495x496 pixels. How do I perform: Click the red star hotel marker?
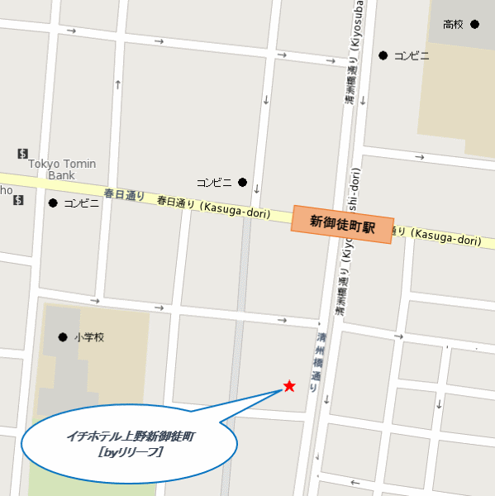tap(289, 386)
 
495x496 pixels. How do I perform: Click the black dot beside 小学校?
tap(62, 336)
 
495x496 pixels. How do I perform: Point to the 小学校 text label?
tap(89, 337)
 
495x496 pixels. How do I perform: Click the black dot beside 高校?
tap(474, 24)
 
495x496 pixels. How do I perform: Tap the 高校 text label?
tap(454, 24)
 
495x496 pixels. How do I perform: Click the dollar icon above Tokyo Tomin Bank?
tap(22, 154)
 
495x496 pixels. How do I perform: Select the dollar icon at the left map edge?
tap(18, 200)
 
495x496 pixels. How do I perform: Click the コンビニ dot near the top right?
tap(383, 55)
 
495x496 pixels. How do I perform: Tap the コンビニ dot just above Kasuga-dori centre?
tap(242, 182)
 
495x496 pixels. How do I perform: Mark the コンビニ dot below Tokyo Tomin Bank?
tap(53, 203)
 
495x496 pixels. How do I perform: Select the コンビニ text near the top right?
tap(412, 56)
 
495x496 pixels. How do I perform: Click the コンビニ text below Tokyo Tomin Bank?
tap(82, 203)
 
